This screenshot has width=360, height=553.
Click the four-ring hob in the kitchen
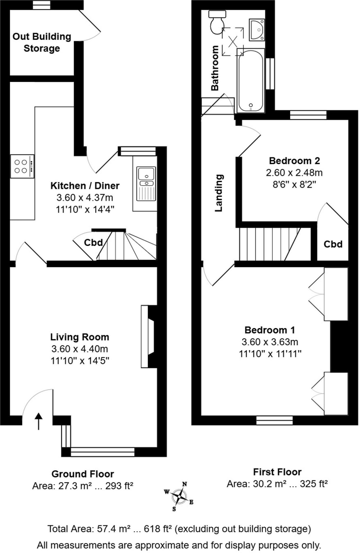(22, 166)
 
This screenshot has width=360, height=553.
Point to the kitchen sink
(146, 184)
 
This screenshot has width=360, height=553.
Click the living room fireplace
(149, 336)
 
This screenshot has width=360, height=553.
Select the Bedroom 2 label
(294, 161)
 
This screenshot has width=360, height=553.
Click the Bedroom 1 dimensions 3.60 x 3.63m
(270, 342)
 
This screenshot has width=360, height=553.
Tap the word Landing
(219, 193)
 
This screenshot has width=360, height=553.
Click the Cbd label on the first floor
(333, 244)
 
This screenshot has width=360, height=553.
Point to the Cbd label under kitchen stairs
(93, 242)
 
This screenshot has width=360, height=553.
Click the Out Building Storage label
(42, 42)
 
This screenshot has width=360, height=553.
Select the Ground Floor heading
(82, 474)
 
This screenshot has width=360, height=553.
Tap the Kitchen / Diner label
(85, 186)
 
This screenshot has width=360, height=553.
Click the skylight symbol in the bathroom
(233, 41)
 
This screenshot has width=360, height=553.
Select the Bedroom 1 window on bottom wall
(274, 420)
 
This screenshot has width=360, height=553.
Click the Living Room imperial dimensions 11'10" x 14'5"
(80, 360)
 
